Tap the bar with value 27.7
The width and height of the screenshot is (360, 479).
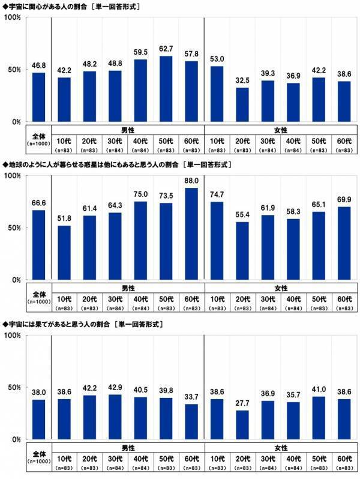pyautogui.click(x=242, y=424)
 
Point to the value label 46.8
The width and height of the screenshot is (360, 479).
pyautogui.click(x=38, y=66)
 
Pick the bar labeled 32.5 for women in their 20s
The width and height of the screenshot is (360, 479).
pyautogui.click(x=242, y=104)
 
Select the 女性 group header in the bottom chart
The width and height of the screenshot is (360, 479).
pyautogui.click(x=280, y=447)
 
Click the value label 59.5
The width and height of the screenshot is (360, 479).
pyautogui.click(x=140, y=53)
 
